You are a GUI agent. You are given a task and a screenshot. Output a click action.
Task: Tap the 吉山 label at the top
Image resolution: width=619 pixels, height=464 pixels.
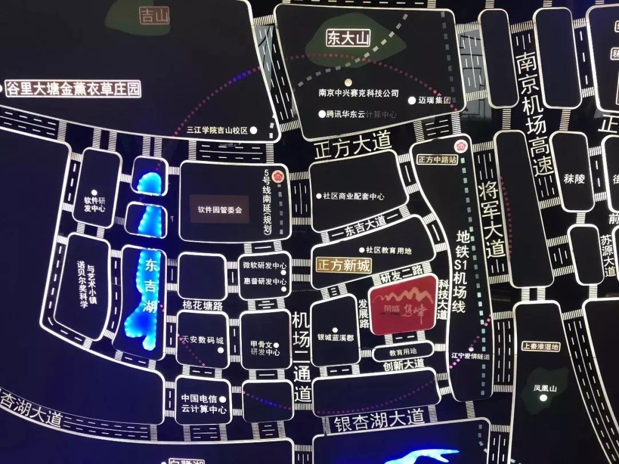point(155,15)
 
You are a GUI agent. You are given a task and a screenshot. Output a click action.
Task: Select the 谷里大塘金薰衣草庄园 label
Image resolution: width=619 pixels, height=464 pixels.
point(73,89)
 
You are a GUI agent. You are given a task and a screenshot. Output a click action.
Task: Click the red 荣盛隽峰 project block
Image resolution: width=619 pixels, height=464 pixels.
point(403,305)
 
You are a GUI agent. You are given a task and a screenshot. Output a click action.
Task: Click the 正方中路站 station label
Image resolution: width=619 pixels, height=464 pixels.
point(438,160)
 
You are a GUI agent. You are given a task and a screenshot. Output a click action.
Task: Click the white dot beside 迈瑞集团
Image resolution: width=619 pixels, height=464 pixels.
point(412,100)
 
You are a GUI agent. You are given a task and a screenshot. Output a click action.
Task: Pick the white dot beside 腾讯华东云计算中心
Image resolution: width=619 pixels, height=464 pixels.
point(322,114)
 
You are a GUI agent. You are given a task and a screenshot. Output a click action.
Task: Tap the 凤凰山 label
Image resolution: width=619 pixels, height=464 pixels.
point(545,388)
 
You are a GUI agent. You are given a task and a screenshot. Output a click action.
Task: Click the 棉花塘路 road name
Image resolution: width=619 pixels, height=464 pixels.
point(202,305)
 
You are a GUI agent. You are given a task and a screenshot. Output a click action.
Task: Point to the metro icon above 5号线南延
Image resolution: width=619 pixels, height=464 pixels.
point(279,176)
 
